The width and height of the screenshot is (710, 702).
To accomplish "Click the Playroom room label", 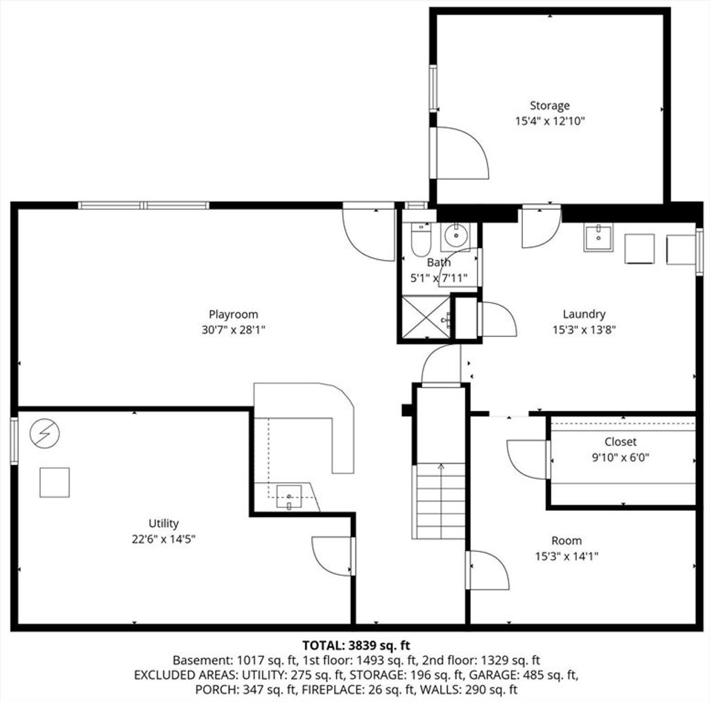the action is [233, 314].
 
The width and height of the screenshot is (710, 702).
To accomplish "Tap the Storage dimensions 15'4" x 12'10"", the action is [550, 121].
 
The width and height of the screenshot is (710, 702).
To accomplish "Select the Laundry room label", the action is [584, 314].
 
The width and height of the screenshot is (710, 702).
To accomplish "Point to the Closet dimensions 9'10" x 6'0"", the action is [621, 457].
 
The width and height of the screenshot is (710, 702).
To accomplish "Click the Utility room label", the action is [164, 523].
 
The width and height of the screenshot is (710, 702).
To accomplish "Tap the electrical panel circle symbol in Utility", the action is [44, 433].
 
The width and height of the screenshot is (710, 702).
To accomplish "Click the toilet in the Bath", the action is [421, 240].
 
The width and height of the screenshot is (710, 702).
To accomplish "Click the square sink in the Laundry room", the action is [598, 237].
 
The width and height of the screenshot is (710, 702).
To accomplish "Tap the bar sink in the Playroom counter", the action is [289, 497].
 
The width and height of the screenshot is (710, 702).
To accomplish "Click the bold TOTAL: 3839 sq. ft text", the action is [356, 645].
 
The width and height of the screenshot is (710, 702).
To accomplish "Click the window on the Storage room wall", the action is [433, 88].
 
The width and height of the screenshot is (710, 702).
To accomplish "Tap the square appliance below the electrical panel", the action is [54, 482].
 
